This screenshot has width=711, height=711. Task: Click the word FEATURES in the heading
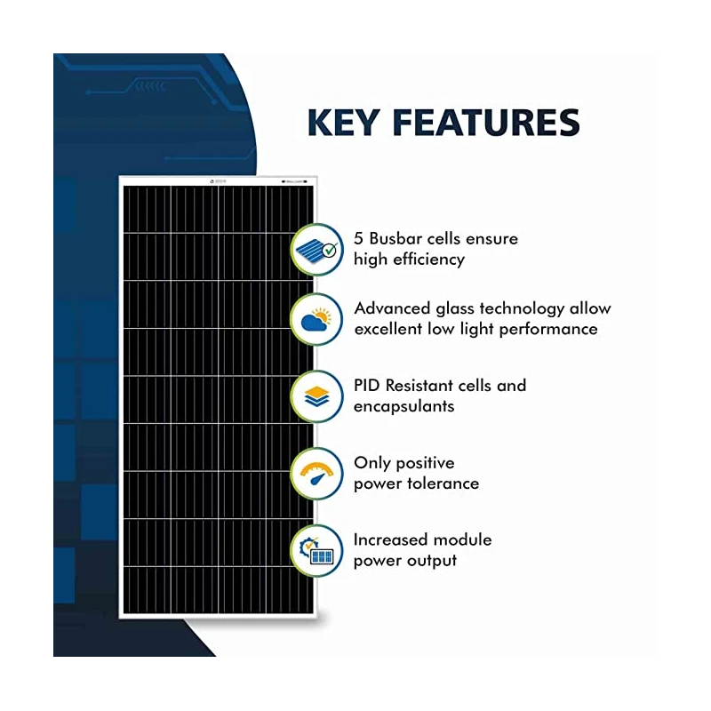point(488,123)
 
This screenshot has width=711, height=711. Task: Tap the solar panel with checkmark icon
point(316,250)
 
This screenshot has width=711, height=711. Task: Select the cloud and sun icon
point(316,320)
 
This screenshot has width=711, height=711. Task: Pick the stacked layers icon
point(316,396)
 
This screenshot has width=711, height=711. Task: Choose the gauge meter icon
point(316,474)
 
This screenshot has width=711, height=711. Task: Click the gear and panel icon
point(316,550)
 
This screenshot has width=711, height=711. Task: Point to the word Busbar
point(401,239)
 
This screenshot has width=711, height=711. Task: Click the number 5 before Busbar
point(359,239)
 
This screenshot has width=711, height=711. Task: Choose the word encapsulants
point(404,406)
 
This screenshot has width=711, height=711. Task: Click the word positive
point(422,463)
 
